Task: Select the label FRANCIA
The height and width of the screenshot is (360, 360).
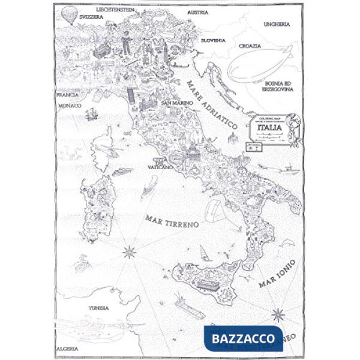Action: (67, 95)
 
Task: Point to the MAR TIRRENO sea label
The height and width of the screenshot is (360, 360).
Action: (172, 221)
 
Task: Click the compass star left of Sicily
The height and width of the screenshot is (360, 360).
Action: (129, 252)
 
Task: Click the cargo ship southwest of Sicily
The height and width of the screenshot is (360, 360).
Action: (190, 307)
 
